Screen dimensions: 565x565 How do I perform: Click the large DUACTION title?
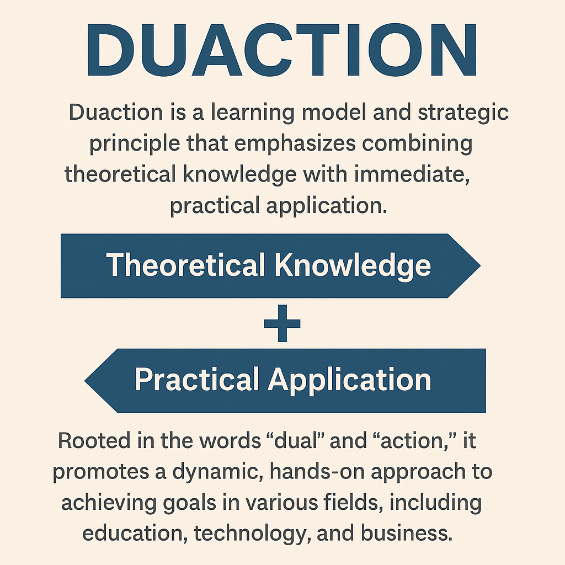tap(282, 50)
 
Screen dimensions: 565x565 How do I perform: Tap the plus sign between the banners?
tap(282, 323)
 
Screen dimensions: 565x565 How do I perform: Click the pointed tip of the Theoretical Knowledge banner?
tap(481, 265)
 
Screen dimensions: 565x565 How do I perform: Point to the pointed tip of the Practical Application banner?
tap(84, 381)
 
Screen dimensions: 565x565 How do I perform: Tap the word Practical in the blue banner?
tap(197, 380)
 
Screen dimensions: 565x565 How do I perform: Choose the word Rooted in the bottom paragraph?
tap(94, 440)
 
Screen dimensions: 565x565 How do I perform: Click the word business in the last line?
tap(407, 534)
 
